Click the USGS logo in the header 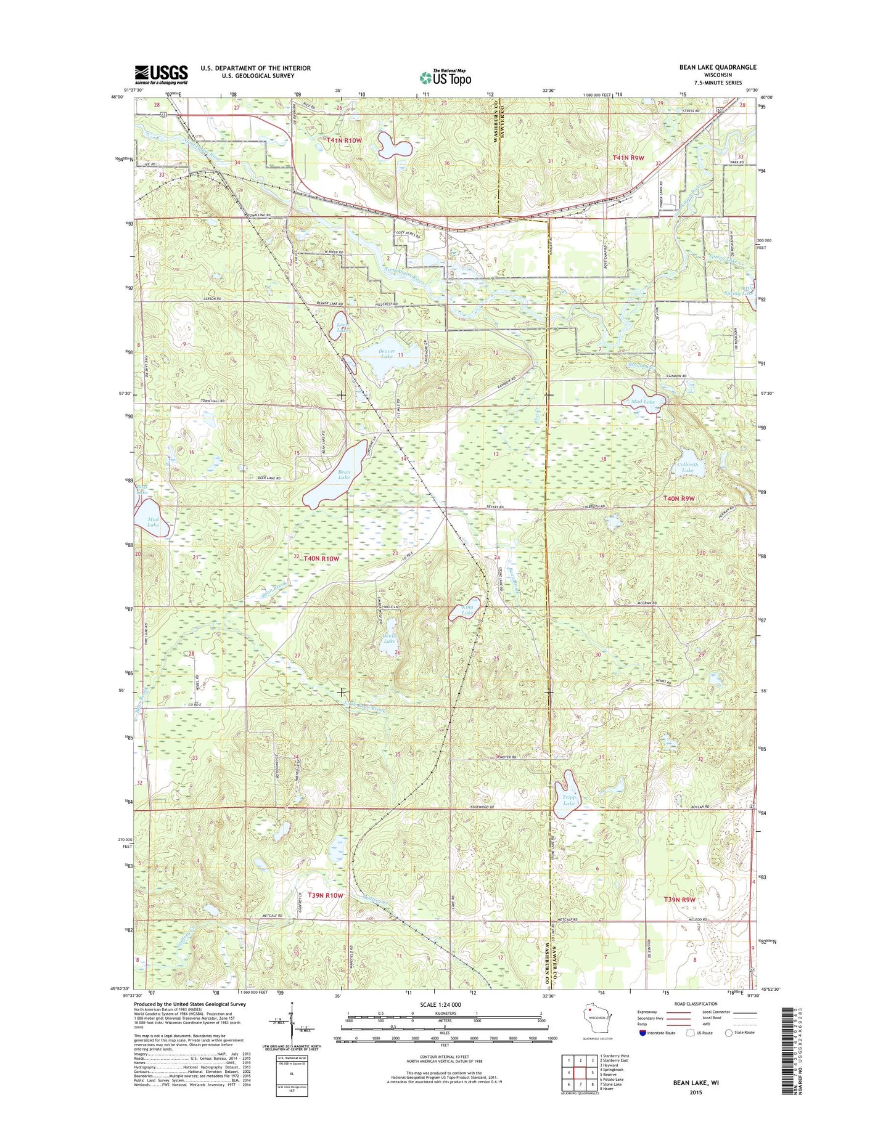(x=161, y=75)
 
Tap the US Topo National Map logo (x=445, y=77)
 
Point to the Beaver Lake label (x=386, y=354)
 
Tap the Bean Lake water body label (x=343, y=474)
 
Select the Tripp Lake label (x=569, y=800)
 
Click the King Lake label (x=468, y=610)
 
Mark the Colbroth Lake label (x=688, y=467)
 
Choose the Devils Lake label (x=389, y=638)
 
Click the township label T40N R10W (x=317, y=558)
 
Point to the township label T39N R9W (x=680, y=900)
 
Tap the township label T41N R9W (x=628, y=158)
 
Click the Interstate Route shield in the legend (x=642, y=1032)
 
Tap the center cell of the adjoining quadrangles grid (x=580, y=1072)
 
